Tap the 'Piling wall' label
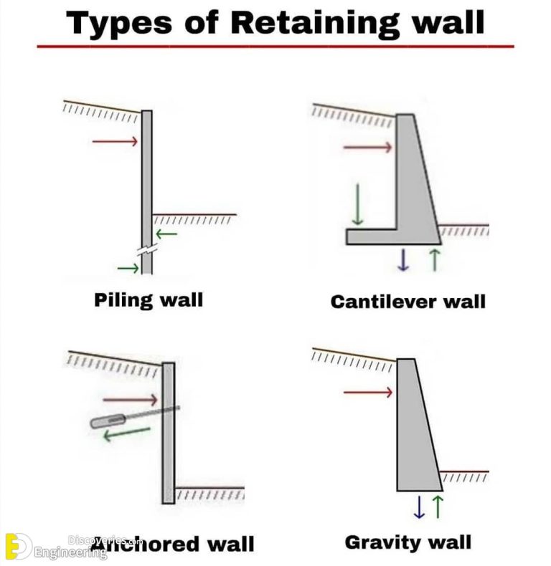pos(149,299)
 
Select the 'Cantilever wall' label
pos(408,301)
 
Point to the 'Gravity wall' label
pos(408,542)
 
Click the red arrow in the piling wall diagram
pos(114,141)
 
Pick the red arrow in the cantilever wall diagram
pos(367,148)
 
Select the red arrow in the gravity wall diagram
pos(367,392)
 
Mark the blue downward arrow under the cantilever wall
pos(403,259)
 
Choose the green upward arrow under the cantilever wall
pos(433,259)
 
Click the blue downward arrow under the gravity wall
pos(419,507)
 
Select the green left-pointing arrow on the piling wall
pos(166,234)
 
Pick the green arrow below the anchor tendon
pos(126,433)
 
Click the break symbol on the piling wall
pos(147,252)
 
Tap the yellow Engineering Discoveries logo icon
pos(17,547)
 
